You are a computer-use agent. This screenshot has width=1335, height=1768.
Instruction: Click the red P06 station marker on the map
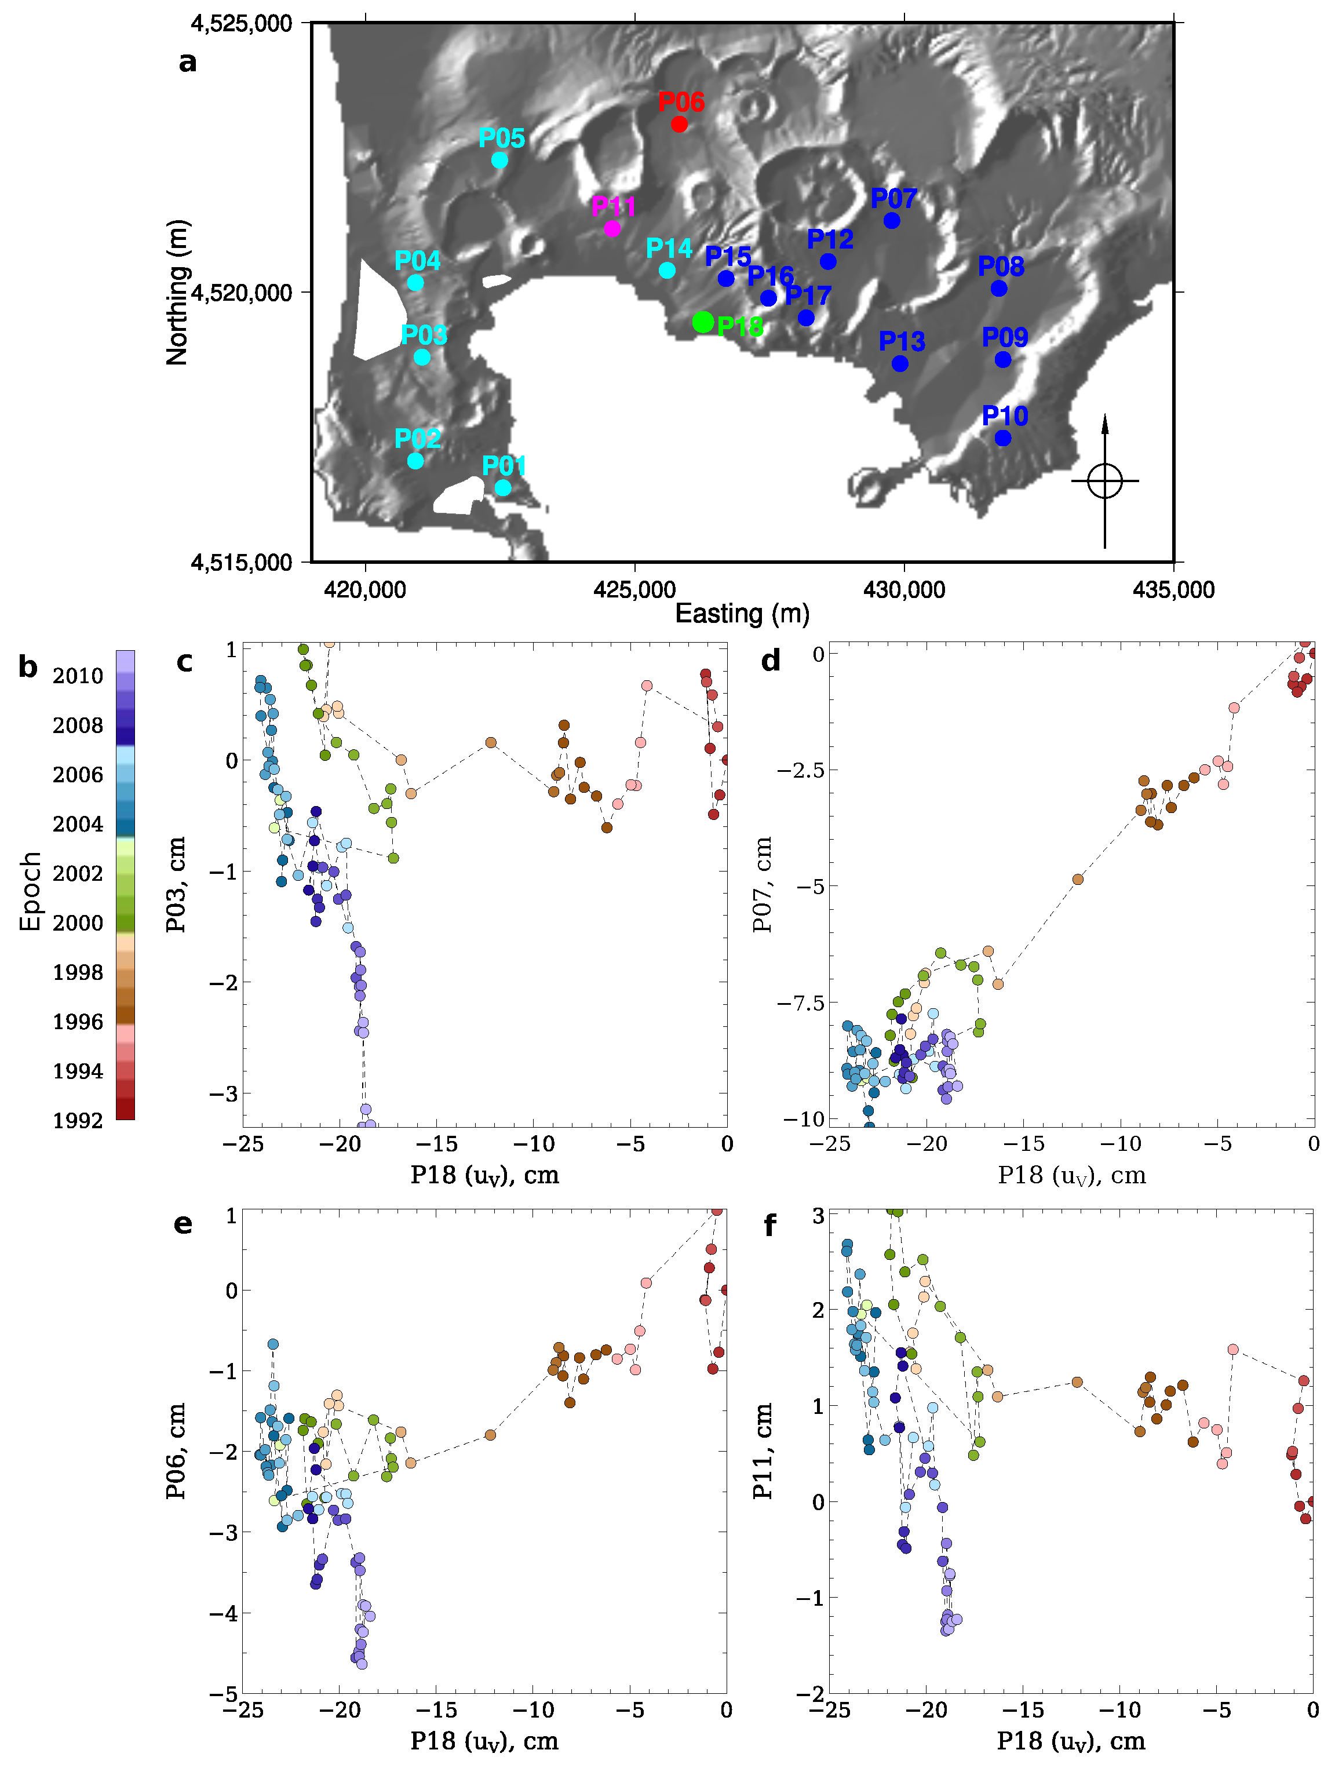(x=679, y=124)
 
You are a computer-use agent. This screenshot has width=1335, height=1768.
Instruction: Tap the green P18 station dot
(x=703, y=322)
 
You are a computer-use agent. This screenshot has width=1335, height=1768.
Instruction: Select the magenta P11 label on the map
(x=613, y=207)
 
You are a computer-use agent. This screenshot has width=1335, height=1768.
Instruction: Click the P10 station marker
(x=1002, y=438)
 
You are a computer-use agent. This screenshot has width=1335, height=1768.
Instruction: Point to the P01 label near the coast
(x=504, y=465)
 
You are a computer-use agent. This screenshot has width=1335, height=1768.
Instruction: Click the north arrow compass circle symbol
(x=1105, y=481)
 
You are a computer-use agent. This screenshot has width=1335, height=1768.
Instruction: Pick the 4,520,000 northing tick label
(x=242, y=293)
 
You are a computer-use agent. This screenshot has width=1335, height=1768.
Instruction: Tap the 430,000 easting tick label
(x=903, y=590)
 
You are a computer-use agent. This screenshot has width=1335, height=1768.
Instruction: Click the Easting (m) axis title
(x=742, y=614)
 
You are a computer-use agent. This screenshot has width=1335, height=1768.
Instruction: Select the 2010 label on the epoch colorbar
(x=78, y=676)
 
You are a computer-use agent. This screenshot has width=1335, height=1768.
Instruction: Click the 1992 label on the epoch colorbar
(x=78, y=1121)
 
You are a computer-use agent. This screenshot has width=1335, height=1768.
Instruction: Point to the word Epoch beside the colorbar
(x=30, y=892)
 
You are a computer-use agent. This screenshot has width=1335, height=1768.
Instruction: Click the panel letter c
(x=185, y=662)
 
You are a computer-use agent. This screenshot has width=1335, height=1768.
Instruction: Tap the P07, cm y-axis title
(x=762, y=884)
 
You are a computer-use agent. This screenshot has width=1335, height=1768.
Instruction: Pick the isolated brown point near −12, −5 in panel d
(x=1078, y=879)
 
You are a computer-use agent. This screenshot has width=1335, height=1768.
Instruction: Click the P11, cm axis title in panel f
(x=762, y=1450)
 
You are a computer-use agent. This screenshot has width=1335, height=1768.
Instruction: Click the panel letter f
(x=770, y=1225)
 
